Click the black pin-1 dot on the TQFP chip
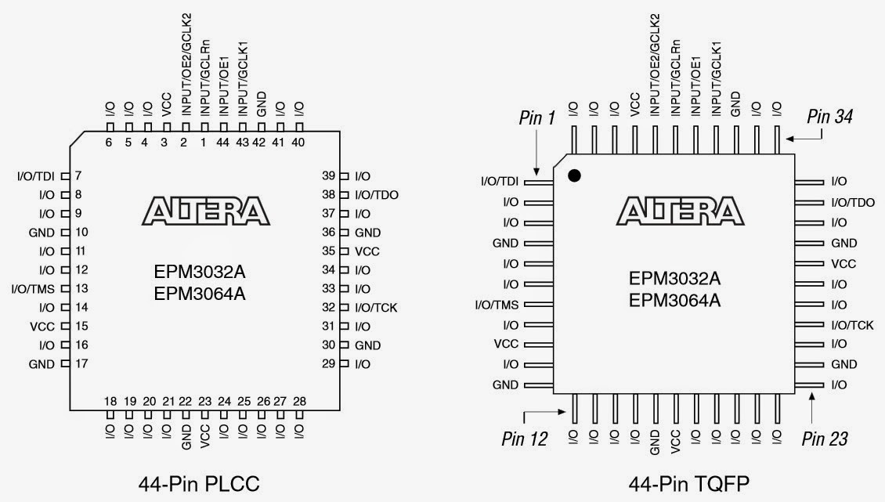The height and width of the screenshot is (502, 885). [x=574, y=176]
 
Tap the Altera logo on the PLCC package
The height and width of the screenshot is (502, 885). [x=205, y=211]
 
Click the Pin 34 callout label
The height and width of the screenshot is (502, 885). [x=830, y=117]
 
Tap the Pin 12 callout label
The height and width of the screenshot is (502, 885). [x=525, y=438]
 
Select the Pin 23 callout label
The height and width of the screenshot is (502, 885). [x=825, y=438]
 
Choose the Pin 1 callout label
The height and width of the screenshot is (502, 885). [x=536, y=117]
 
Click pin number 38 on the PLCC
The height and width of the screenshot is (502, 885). [x=329, y=195]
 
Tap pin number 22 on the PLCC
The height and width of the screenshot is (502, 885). [x=186, y=402]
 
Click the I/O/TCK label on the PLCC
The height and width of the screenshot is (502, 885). [x=376, y=308]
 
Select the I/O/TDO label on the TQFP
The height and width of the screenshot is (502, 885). [x=853, y=202]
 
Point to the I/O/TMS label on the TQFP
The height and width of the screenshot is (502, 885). [x=500, y=304]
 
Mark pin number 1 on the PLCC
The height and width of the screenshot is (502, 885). [x=204, y=143]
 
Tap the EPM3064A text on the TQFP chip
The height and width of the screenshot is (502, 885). [x=674, y=300]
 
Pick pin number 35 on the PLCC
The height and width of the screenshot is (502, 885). [x=329, y=251]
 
